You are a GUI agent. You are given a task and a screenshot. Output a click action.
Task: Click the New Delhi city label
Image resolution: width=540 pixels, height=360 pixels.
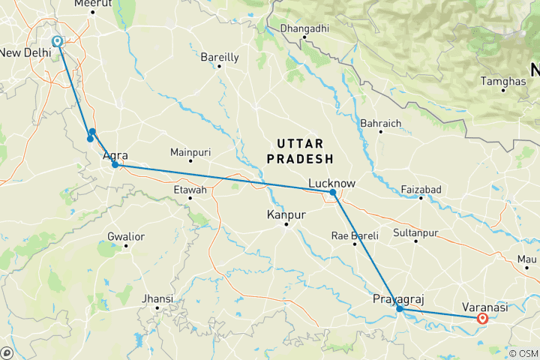pos(25,52)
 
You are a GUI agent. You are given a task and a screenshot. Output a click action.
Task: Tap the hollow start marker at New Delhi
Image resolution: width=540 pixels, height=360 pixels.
pos(57,41)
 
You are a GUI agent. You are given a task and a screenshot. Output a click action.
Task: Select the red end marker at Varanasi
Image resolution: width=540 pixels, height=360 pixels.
pos(483,319)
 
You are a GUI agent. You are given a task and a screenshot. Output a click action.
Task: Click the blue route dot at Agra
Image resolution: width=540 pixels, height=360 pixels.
pos(115,164)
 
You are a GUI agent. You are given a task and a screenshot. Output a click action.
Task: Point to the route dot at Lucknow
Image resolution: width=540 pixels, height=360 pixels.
pos(333,193)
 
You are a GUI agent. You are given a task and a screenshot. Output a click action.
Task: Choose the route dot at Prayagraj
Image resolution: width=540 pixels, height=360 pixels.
pos(400,308)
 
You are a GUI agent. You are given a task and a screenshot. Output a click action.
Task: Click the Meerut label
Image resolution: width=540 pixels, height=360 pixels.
pos(94,4)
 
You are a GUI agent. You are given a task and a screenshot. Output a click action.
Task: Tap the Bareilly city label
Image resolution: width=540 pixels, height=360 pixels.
pos(220,57)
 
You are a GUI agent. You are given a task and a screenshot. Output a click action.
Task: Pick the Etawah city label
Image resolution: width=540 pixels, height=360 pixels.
pos(190,190)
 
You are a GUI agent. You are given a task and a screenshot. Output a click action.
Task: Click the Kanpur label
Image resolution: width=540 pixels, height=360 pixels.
pos(286,215)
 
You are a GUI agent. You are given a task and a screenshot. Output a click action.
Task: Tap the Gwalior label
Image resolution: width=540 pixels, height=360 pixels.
pos(126,236)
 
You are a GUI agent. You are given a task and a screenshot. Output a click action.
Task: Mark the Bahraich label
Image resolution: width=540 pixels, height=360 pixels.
pos(381,123)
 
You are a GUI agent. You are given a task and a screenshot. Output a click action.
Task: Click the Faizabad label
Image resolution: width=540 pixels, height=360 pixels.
pos(421,189)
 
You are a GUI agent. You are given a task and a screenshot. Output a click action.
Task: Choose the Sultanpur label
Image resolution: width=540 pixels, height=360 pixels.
pos(415,233)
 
